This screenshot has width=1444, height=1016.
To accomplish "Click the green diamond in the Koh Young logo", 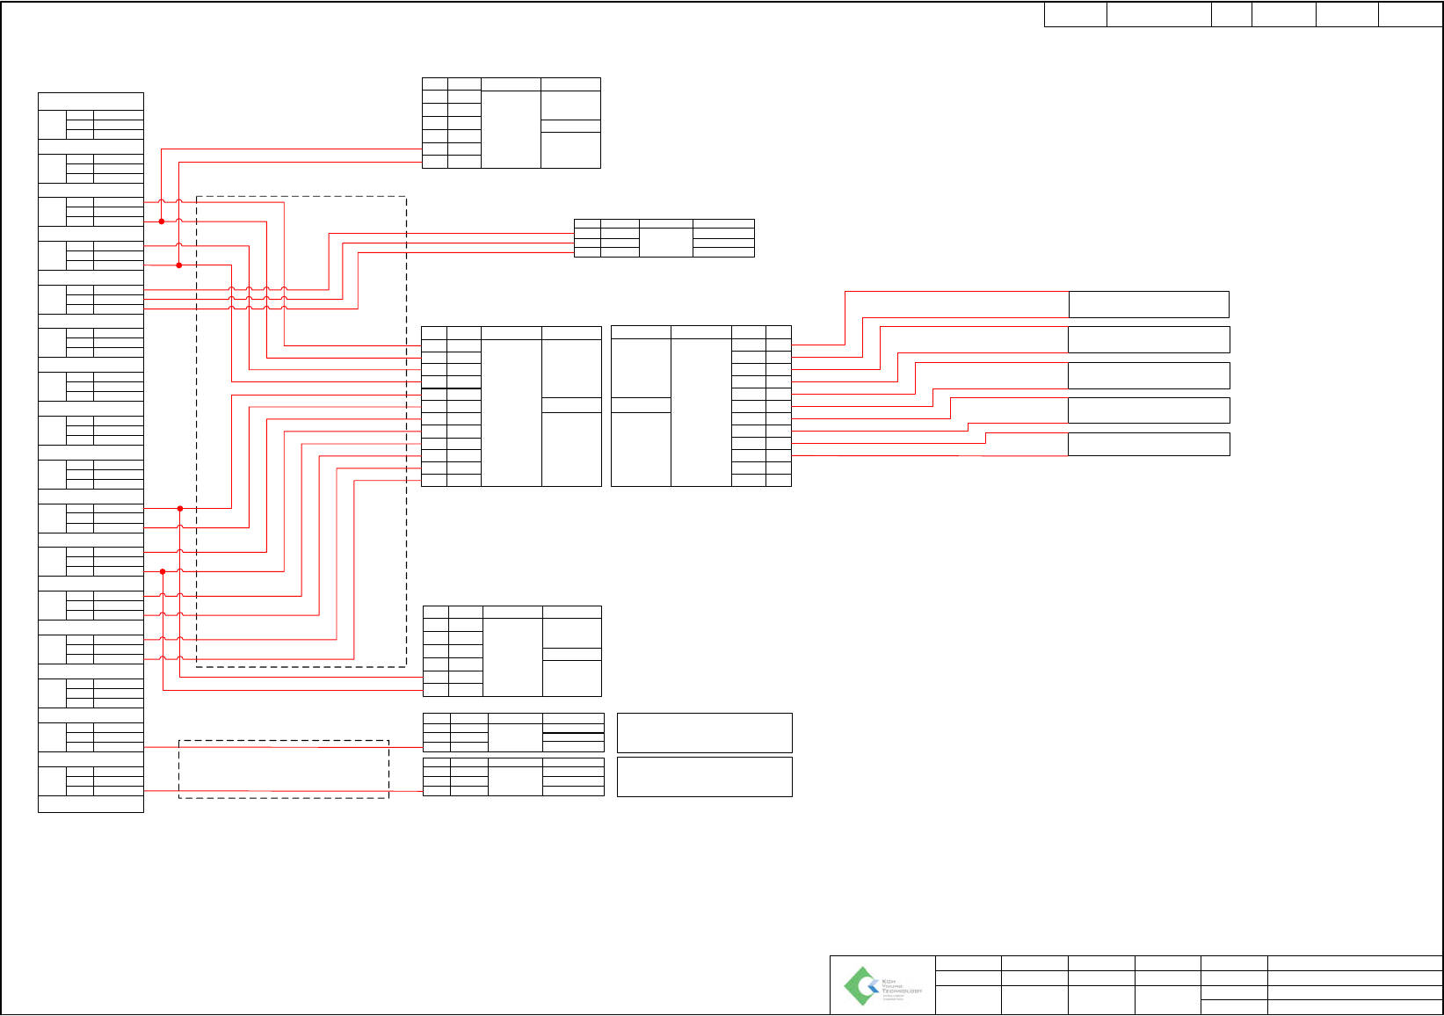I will click(x=860, y=985).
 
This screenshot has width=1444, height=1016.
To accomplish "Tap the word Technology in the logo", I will click(x=902, y=991).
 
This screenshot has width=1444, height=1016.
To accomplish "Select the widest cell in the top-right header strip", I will click(x=1158, y=15).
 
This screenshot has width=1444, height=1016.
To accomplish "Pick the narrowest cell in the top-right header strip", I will click(x=1231, y=15).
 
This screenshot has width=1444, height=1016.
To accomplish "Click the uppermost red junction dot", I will click(x=162, y=221).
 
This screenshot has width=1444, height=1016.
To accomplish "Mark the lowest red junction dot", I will click(x=163, y=572).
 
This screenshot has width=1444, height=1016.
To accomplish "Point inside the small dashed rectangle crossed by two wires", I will click(x=283, y=769).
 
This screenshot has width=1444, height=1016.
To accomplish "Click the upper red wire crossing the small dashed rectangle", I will click(x=283, y=747).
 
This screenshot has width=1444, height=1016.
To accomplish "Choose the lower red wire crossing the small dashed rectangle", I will click(x=283, y=791).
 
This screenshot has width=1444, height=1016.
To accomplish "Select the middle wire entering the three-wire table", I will click(x=457, y=243).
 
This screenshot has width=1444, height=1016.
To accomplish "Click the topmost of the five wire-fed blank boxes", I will click(x=1148, y=304).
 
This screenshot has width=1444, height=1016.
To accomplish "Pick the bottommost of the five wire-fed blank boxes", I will click(x=1148, y=444).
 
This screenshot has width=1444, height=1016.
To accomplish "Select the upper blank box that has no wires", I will click(x=704, y=733).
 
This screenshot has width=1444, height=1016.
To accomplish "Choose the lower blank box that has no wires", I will click(x=704, y=777).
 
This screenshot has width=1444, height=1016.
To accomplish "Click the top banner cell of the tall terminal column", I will click(x=91, y=101).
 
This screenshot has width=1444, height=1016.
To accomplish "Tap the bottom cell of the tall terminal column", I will click(x=91, y=803).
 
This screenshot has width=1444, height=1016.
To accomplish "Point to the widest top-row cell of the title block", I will click(x=1354, y=962).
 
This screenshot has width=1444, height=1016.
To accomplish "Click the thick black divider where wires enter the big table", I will click(x=451, y=388).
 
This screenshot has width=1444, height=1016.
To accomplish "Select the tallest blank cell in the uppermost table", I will click(x=511, y=128).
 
